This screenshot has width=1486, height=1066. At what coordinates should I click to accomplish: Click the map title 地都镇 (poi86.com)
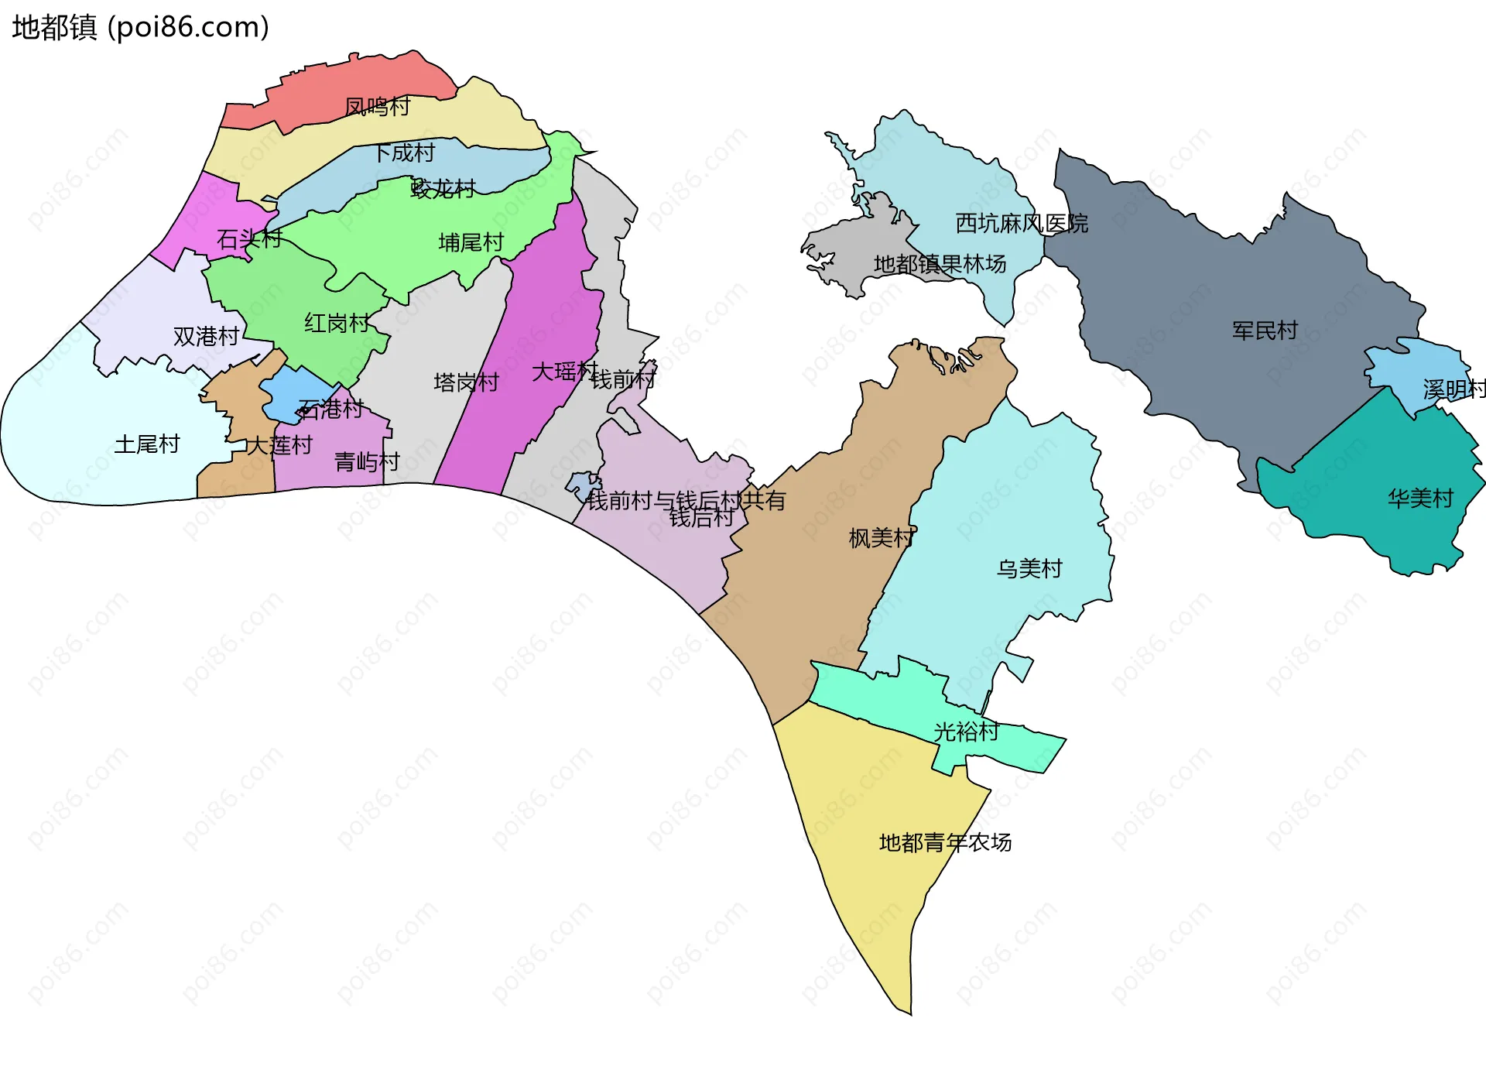(140, 27)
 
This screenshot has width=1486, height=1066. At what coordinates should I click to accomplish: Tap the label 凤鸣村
(377, 107)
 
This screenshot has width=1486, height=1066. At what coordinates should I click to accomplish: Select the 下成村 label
(405, 153)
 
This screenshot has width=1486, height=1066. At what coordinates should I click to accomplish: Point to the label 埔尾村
(471, 242)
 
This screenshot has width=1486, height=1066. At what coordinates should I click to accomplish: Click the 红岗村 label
(337, 323)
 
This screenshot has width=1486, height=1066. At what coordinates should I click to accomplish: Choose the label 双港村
(206, 336)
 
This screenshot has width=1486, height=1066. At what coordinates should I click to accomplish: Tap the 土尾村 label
(147, 444)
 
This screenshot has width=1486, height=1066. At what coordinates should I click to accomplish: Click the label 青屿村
(367, 462)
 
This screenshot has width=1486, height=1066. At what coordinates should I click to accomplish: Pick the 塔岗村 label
(466, 382)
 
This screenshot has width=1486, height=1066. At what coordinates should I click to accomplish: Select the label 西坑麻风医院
(1022, 224)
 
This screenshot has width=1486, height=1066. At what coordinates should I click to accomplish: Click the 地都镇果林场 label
(940, 264)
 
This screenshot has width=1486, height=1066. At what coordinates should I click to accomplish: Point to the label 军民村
(1265, 331)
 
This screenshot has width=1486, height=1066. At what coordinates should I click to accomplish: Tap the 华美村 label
(1420, 499)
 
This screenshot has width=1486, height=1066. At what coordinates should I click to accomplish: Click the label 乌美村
(1029, 569)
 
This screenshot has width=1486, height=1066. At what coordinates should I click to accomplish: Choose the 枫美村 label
(882, 538)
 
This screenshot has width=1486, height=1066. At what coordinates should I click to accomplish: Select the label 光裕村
(966, 732)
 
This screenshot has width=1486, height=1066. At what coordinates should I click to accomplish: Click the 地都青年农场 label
(945, 842)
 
